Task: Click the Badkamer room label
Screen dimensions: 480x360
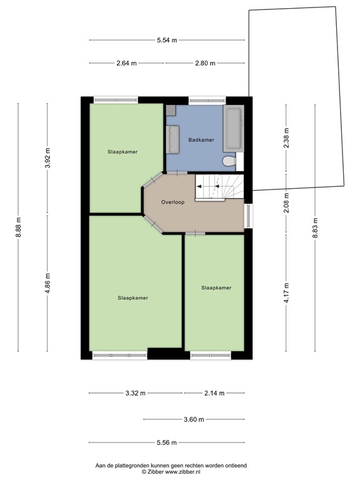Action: tap(201, 140)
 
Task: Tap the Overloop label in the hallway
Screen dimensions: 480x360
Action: tap(172, 202)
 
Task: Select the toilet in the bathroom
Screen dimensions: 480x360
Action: tap(229, 162)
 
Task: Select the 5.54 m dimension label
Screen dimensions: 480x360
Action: tap(167, 40)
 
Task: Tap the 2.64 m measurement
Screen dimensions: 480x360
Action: tap(126, 63)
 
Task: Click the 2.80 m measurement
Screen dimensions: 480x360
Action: tap(204, 63)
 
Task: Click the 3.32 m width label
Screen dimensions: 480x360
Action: tap(135, 393)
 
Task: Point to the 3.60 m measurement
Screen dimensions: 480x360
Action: tap(193, 419)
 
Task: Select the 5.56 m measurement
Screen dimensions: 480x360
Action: tap(167, 443)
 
